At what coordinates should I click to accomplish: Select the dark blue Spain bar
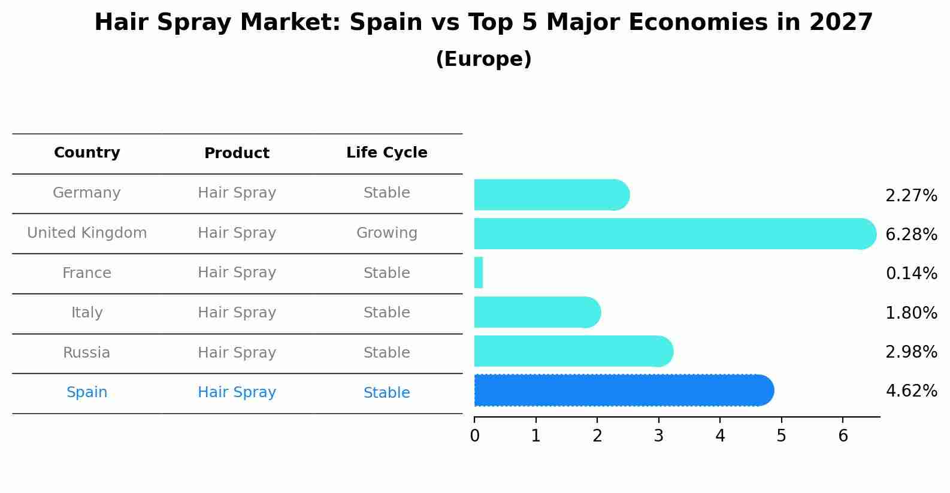point(623,391)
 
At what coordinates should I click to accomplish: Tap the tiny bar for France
point(479,273)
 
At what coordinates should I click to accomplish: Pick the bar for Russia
point(573,351)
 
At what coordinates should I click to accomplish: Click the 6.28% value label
point(911,234)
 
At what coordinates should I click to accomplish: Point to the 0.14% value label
point(911,274)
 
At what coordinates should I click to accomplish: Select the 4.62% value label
point(911,391)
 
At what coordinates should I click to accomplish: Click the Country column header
point(87,153)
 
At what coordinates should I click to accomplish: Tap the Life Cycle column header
point(386,153)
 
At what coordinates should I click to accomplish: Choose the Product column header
point(237,153)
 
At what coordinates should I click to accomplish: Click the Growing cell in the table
point(386,233)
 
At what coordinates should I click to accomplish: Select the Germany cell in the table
point(87,193)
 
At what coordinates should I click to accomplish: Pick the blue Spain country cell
point(87,392)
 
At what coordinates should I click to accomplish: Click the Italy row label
point(87,313)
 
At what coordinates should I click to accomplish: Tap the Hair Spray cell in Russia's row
point(237,352)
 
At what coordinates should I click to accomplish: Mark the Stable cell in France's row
point(386,273)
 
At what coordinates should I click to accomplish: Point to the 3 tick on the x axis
point(658,435)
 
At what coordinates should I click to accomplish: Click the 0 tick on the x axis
point(474,435)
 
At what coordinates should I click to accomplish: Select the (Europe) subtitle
point(483,59)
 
